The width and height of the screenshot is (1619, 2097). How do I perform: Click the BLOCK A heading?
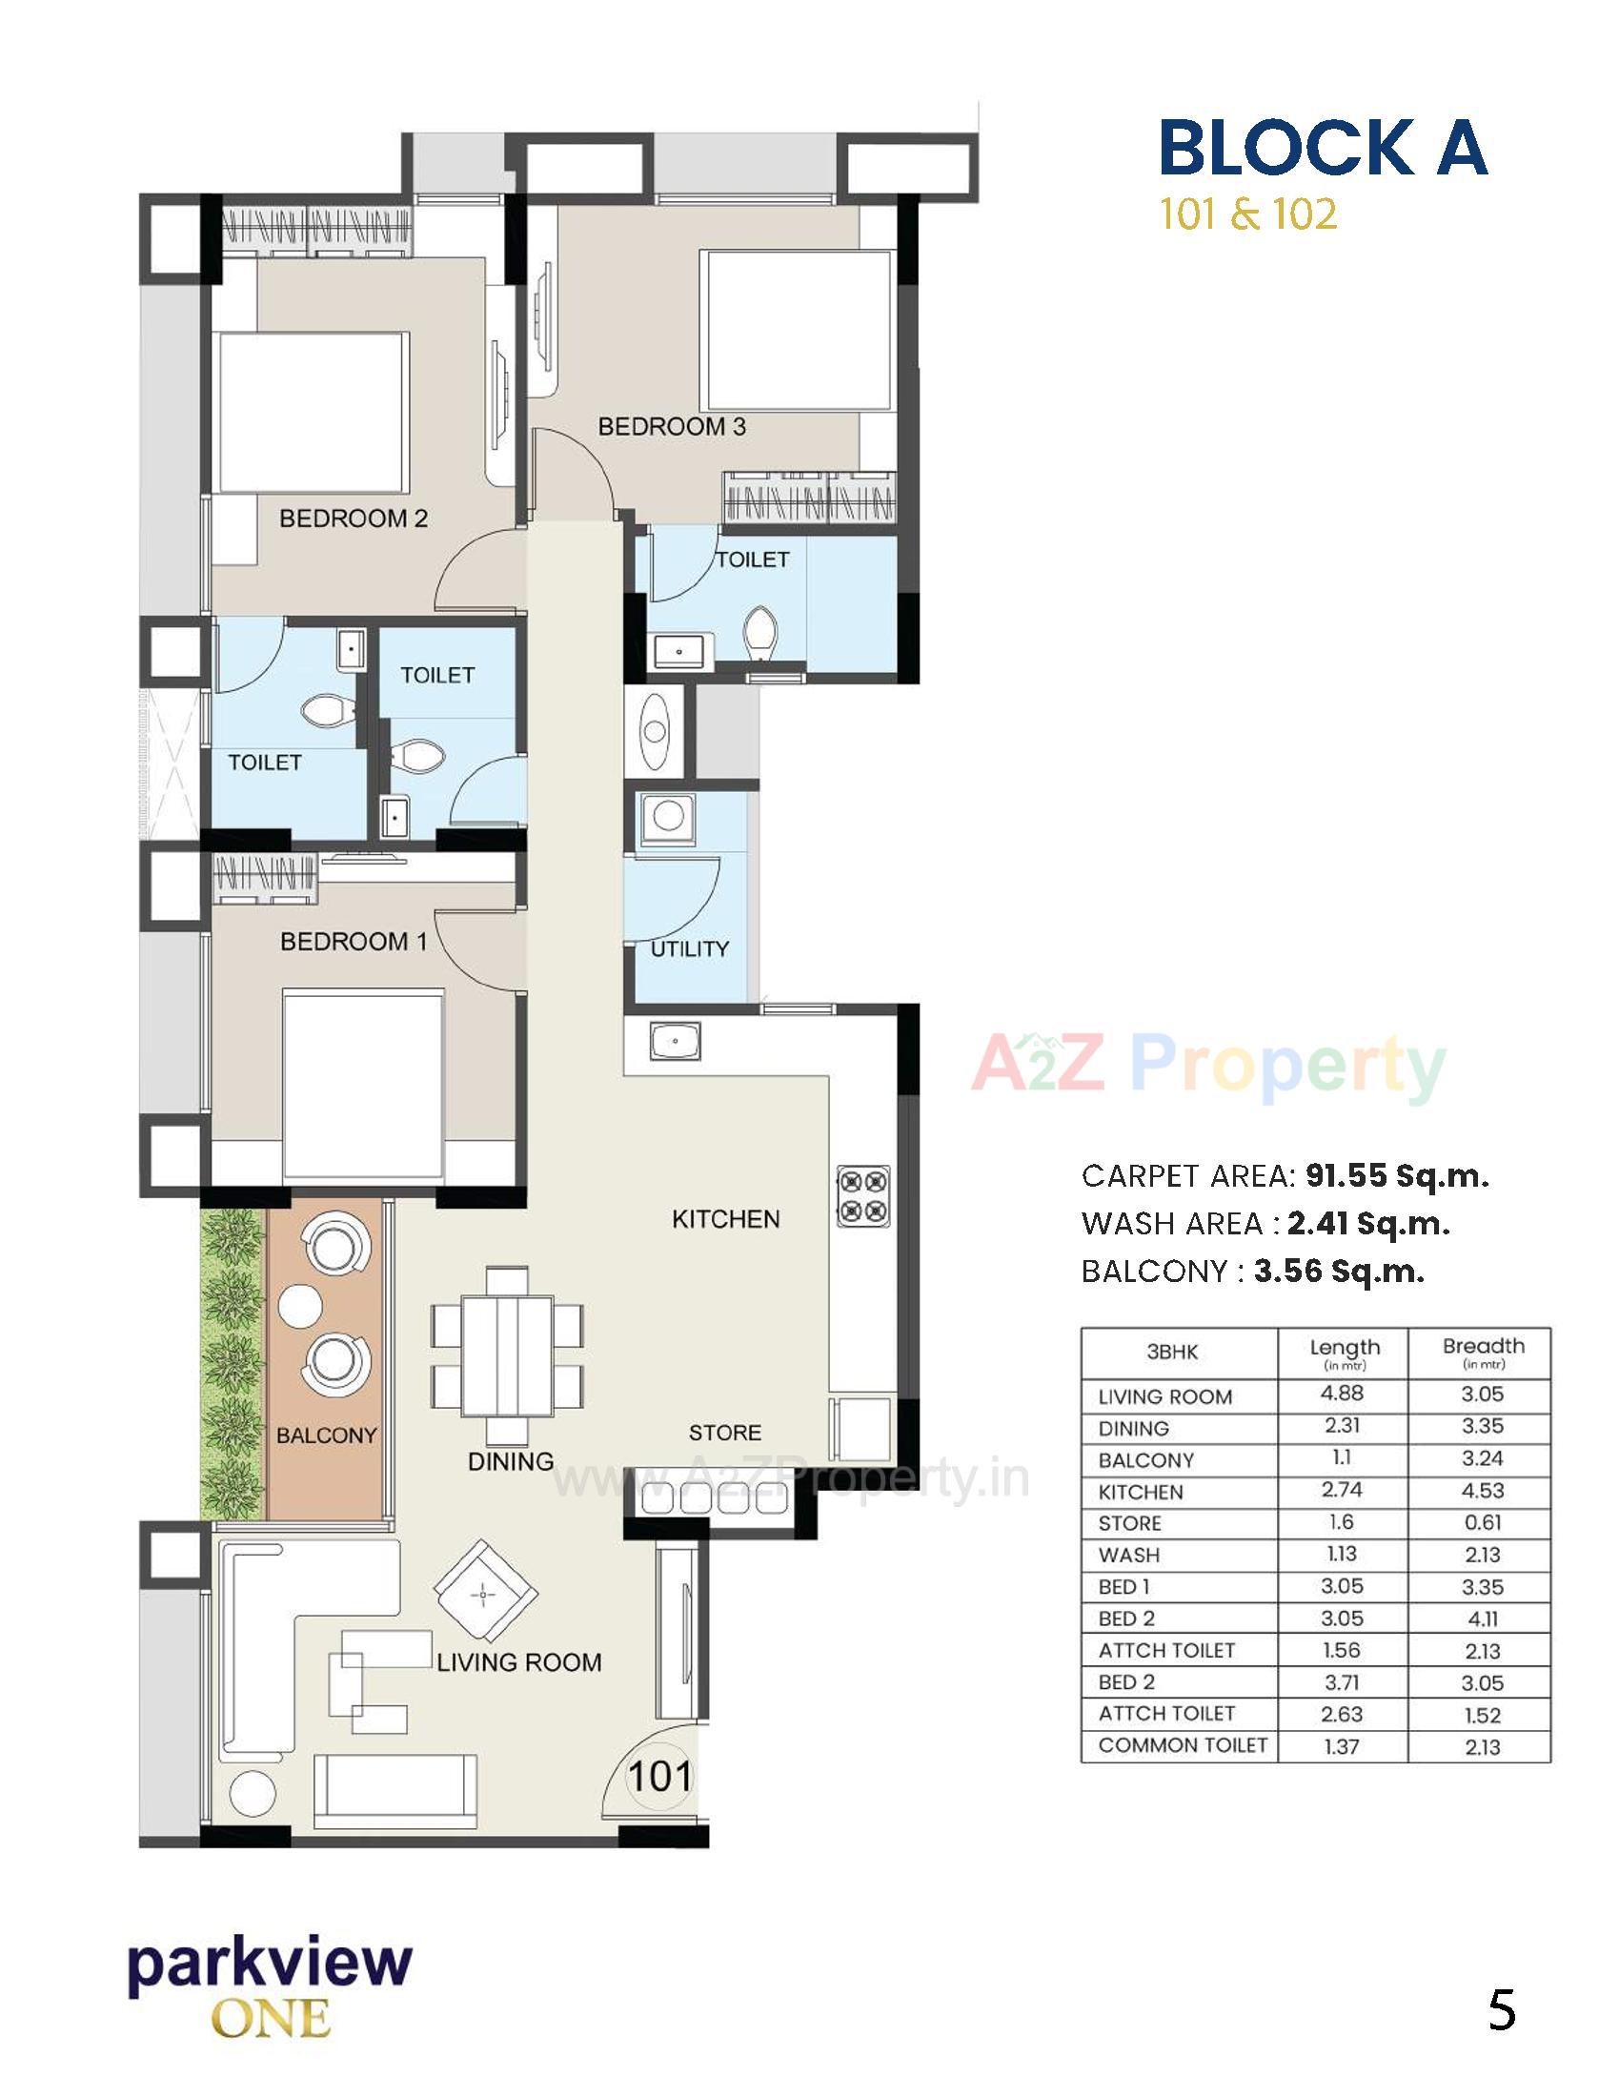(1323, 148)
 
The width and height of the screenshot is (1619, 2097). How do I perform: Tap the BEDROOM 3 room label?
(671, 426)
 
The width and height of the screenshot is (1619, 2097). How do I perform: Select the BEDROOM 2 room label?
(354, 519)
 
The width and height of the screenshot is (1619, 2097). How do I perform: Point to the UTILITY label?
(689, 948)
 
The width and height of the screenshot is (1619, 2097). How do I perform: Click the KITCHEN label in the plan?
(725, 1218)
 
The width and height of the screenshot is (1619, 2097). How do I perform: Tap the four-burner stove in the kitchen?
(862, 1196)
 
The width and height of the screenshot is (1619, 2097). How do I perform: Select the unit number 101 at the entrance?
(659, 1776)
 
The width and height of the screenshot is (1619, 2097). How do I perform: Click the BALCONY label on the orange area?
(326, 1435)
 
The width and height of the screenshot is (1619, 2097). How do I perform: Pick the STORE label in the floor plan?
(724, 1433)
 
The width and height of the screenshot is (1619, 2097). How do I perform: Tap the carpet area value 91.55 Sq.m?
(1396, 1176)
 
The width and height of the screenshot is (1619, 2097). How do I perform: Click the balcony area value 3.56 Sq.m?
(1339, 1272)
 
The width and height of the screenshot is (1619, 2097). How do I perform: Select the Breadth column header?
(1482, 1351)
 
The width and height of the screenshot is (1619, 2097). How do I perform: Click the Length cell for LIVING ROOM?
(1342, 1394)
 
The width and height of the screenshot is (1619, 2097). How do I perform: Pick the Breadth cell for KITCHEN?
(1482, 1491)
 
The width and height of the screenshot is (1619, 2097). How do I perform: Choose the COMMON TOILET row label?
(1183, 1745)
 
